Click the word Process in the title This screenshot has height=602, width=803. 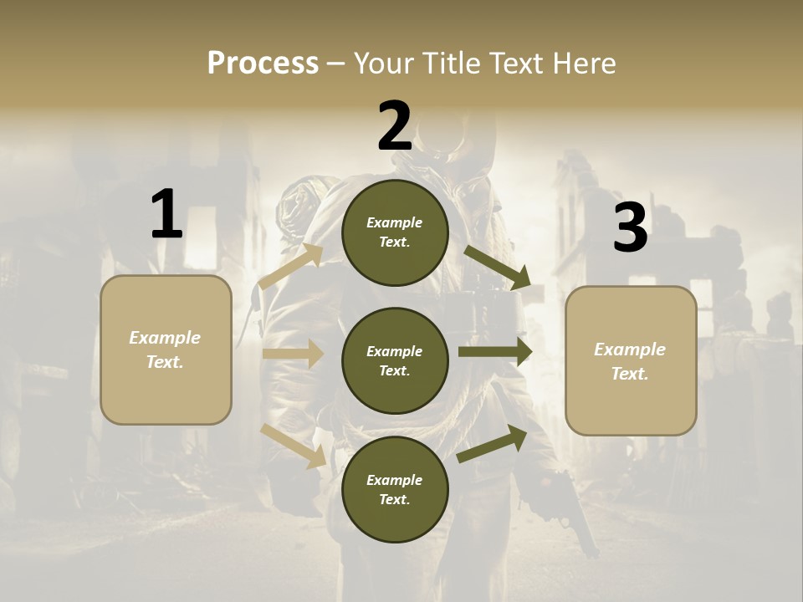pyautogui.click(x=263, y=63)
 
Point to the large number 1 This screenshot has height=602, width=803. pyautogui.click(x=166, y=215)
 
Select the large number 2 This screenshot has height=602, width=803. pyautogui.click(x=395, y=126)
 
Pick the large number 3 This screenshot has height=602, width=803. pyautogui.click(x=630, y=228)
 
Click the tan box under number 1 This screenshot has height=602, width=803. pyautogui.click(x=166, y=349)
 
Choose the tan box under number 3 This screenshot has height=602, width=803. pyautogui.click(x=631, y=361)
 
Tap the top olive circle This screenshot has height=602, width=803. pyautogui.click(x=395, y=232)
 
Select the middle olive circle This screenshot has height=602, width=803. pyautogui.click(x=395, y=360)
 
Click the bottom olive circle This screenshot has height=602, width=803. pyautogui.click(x=395, y=489)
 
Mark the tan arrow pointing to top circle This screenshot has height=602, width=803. pyautogui.click(x=291, y=267)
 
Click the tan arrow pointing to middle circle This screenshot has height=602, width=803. pyautogui.click(x=293, y=354)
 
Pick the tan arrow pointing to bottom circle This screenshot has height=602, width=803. pyautogui.click(x=294, y=446)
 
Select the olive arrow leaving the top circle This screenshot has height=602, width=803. pyautogui.click(x=497, y=268)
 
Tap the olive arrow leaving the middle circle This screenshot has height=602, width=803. pyautogui.click(x=495, y=351)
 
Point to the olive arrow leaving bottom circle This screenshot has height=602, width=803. pyautogui.click(x=493, y=444)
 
